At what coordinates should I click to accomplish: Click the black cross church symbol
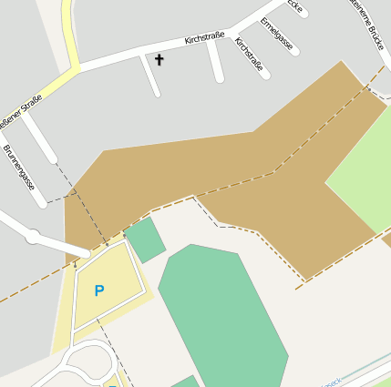(x=159, y=60)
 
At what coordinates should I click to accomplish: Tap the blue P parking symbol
(x=99, y=290)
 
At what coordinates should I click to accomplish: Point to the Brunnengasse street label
(x=19, y=167)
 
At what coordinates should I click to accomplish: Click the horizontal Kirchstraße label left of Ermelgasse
(x=204, y=37)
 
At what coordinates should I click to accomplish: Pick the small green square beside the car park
(x=145, y=239)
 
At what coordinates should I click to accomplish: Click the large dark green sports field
(x=224, y=314)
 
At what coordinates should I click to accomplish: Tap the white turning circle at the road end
(x=33, y=237)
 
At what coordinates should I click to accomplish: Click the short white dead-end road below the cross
(x=151, y=76)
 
